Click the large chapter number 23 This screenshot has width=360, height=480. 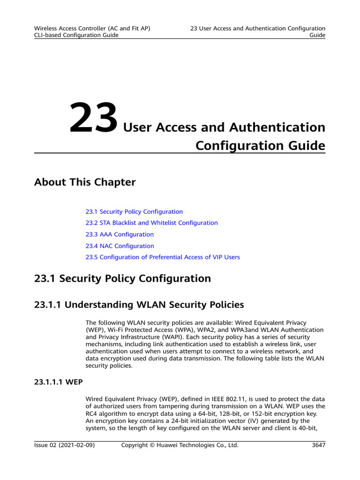(94, 118)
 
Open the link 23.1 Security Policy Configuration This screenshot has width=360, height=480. (134, 212)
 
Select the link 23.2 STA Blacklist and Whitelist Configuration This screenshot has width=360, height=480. (151, 223)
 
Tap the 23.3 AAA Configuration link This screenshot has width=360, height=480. (120, 234)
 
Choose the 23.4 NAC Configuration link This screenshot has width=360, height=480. (120, 246)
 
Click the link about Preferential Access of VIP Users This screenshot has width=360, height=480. (163, 257)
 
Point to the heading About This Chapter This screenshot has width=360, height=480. (85, 182)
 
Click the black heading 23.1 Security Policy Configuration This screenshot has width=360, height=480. (122, 279)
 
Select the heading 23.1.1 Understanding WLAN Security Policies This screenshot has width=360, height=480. (139, 305)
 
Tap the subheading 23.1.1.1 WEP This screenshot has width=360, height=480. (59, 382)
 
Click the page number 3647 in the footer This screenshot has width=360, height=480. (318, 445)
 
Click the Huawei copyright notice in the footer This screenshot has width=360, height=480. (180, 445)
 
